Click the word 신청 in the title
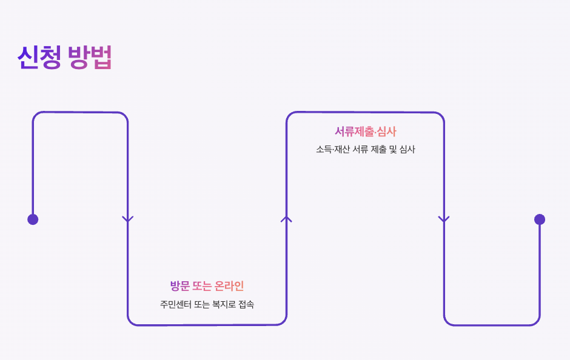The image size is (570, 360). [39, 58]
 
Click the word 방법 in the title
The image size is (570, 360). [90, 58]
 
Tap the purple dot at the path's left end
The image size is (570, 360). [33, 219]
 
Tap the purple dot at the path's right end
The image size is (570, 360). [540, 219]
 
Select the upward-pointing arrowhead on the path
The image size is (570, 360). [286, 219]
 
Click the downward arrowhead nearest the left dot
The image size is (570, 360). [127, 219]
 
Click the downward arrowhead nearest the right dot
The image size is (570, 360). [444, 219]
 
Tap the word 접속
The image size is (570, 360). [247, 304]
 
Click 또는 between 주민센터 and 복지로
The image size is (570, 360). [202, 304]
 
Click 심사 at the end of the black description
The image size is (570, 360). [407, 149]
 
